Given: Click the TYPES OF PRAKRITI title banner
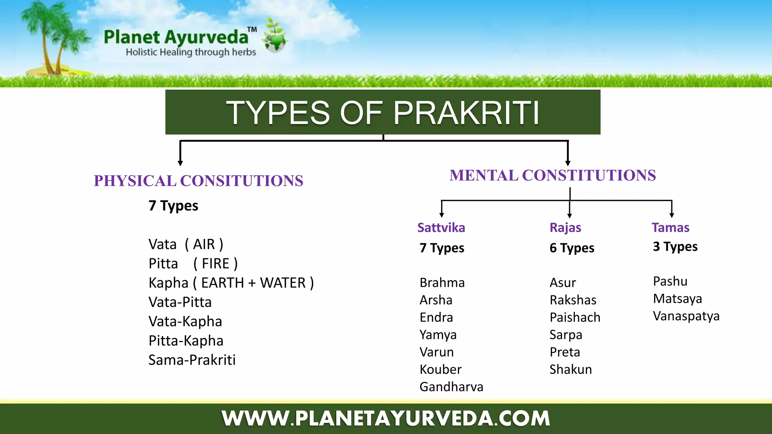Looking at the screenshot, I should tap(383, 112).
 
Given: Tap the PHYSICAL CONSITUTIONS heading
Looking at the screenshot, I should tap(199, 181).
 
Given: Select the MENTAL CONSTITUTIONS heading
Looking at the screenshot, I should tap(553, 176).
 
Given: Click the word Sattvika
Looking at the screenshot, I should tap(441, 228).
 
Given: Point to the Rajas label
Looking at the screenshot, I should tap(565, 228).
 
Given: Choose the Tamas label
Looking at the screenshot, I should tap(670, 228).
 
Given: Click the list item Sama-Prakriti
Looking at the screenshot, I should tap(192, 360).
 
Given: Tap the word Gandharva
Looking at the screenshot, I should tap(451, 387).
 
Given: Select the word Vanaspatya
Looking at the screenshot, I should tap(686, 316).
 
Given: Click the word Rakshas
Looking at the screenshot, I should tap(573, 300).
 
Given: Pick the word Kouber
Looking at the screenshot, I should tap(440, 369).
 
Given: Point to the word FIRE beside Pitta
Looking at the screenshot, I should tap(216, 264).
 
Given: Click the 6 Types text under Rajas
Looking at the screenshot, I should tap(572, 248).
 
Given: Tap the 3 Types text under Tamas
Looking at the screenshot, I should tap(675, 246).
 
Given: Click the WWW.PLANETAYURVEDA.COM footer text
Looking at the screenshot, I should tap(386, 419).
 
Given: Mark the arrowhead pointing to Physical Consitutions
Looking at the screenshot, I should tap(180, 163).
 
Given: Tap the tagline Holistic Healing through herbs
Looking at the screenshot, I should tap(191, 52).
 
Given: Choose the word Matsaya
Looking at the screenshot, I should tap(677, 298).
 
